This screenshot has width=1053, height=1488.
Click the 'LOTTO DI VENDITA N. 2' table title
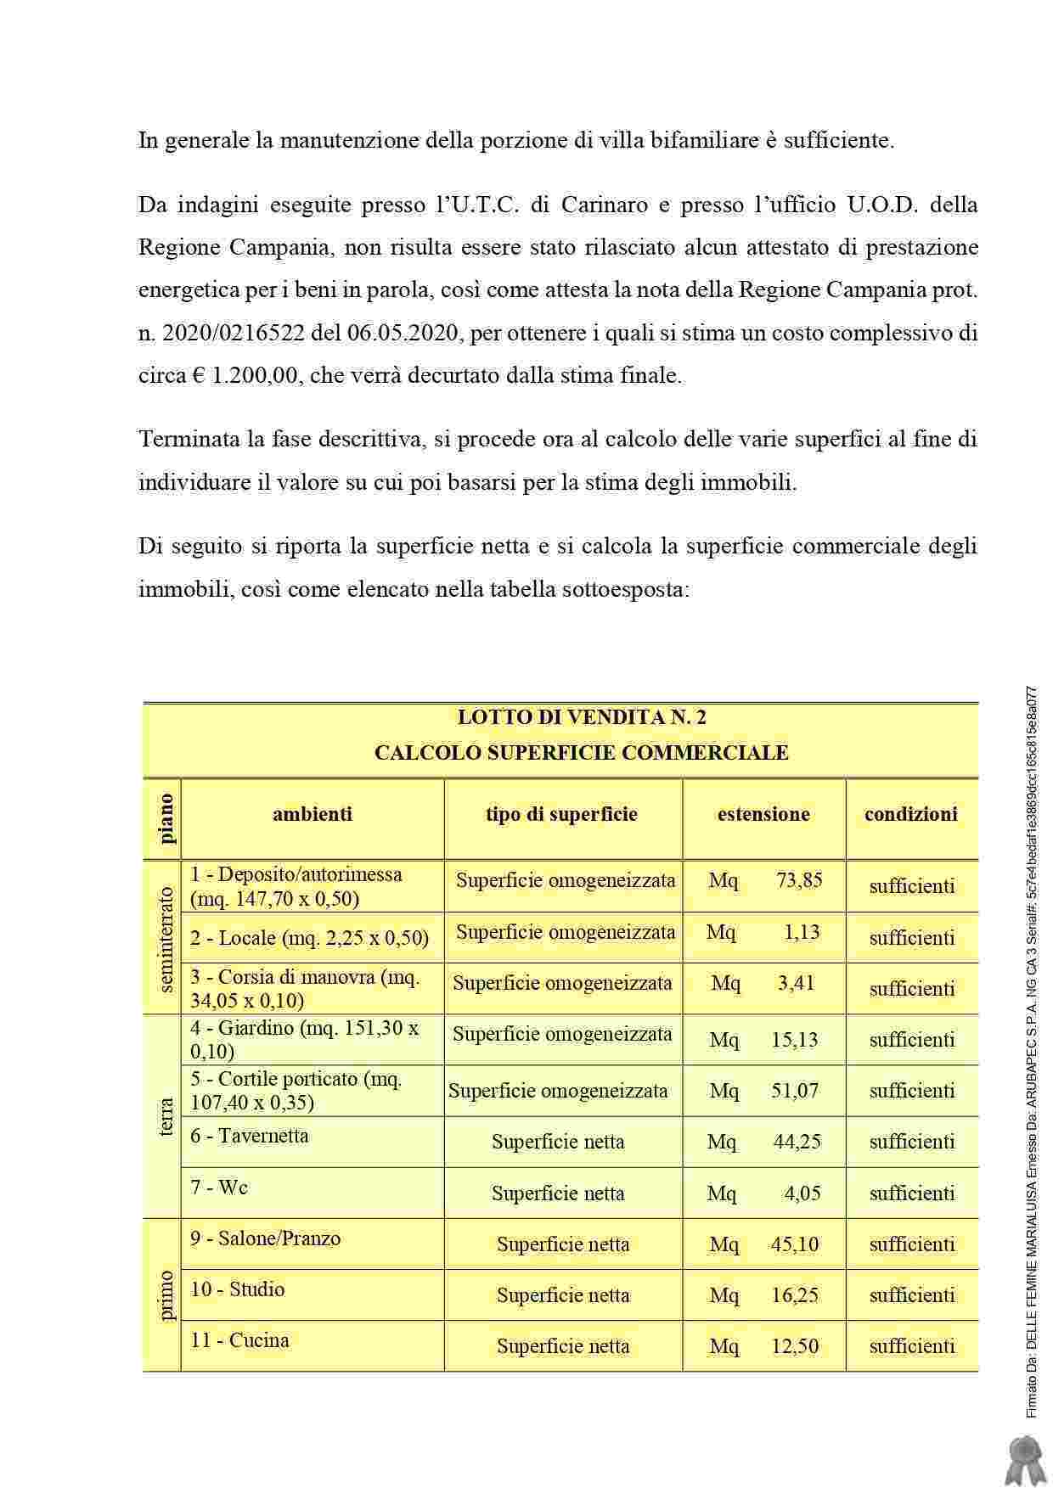pos(582,718)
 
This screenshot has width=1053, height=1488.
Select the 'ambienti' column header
pos(312,815)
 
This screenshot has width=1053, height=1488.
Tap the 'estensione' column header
pos(763,815)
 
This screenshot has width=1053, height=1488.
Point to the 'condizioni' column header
pos(910,815)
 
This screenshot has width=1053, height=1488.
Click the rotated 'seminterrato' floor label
pos(166,939)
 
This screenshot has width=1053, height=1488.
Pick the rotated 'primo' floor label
pos(166,1295)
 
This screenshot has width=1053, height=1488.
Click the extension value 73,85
pos(799,880)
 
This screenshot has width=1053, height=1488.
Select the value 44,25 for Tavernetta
pos(797,1143)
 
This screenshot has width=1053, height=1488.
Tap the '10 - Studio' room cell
pos(238,1290)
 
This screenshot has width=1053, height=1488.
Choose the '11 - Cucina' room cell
pos(239,1341)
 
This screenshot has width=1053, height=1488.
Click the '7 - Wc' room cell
pos(219,1188)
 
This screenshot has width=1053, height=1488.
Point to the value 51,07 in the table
pos(795,1091)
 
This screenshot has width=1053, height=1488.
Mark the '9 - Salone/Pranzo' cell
pos(265,1239)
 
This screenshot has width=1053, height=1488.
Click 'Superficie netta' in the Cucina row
pos(563,1346)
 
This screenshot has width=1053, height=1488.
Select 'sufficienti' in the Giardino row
pos(912,1040)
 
